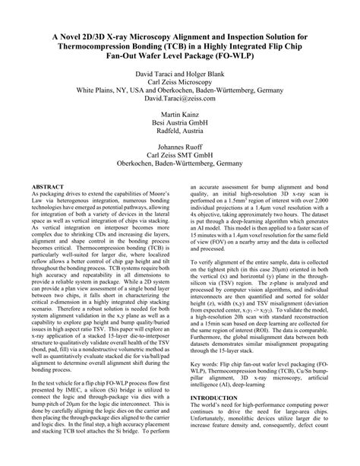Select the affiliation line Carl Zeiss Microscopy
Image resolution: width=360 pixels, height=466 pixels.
click(x=180, y=88)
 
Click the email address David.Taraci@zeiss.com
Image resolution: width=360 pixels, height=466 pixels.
click(x=180, y=109)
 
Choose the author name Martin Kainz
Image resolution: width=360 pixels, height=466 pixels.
click(x=180, y=132)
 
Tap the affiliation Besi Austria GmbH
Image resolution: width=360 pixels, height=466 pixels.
click(x=180, y=142)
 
